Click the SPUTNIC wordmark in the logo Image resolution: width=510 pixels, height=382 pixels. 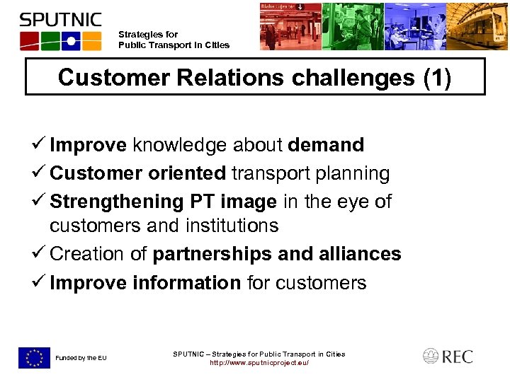click(60, 19)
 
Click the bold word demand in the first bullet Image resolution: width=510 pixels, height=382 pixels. click(326, 145)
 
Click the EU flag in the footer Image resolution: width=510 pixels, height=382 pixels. click(34, 358)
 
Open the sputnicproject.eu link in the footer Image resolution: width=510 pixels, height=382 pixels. click(259, 363)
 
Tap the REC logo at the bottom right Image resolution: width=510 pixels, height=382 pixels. click(448, 357)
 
